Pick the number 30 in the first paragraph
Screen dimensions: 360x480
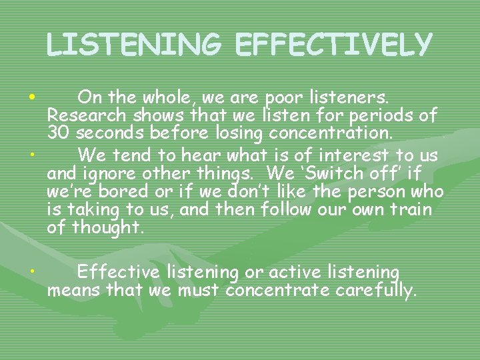[x=59, y=133]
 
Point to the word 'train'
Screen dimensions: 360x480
[x=409, y=210]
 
